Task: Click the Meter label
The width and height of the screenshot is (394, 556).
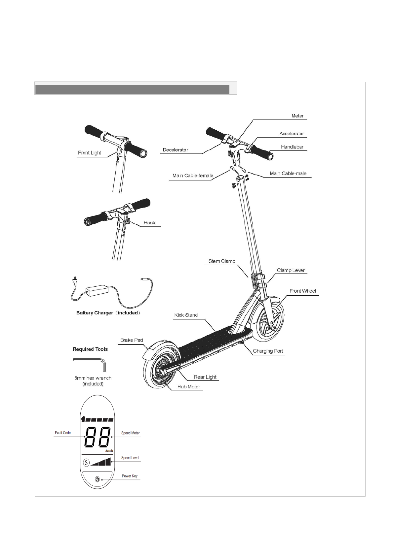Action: [297, 116]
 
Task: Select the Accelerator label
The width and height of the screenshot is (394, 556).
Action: [292, 134]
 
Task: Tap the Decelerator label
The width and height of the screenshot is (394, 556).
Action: [175, 150]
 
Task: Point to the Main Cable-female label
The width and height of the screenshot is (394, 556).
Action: [193, 176]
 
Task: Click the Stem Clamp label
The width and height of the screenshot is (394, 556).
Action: [222, 261]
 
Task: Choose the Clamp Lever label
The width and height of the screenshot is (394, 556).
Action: [291, 270]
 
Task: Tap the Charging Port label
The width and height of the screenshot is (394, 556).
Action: [268, 351]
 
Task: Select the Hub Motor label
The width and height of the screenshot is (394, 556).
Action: [189, 386]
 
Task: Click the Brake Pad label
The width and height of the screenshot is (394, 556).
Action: [132, 340]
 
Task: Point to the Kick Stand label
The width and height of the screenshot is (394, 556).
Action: [186, 315]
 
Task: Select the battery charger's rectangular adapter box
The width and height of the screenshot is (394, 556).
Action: [97, 290]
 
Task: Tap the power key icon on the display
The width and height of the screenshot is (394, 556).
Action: [98, 479]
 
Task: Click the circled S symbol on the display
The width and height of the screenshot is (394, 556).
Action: [86, 463]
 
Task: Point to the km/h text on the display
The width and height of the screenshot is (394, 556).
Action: [109, 450]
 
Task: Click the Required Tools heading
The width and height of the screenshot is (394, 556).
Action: [90, 349]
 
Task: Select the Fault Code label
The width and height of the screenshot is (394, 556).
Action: [63, 433]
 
